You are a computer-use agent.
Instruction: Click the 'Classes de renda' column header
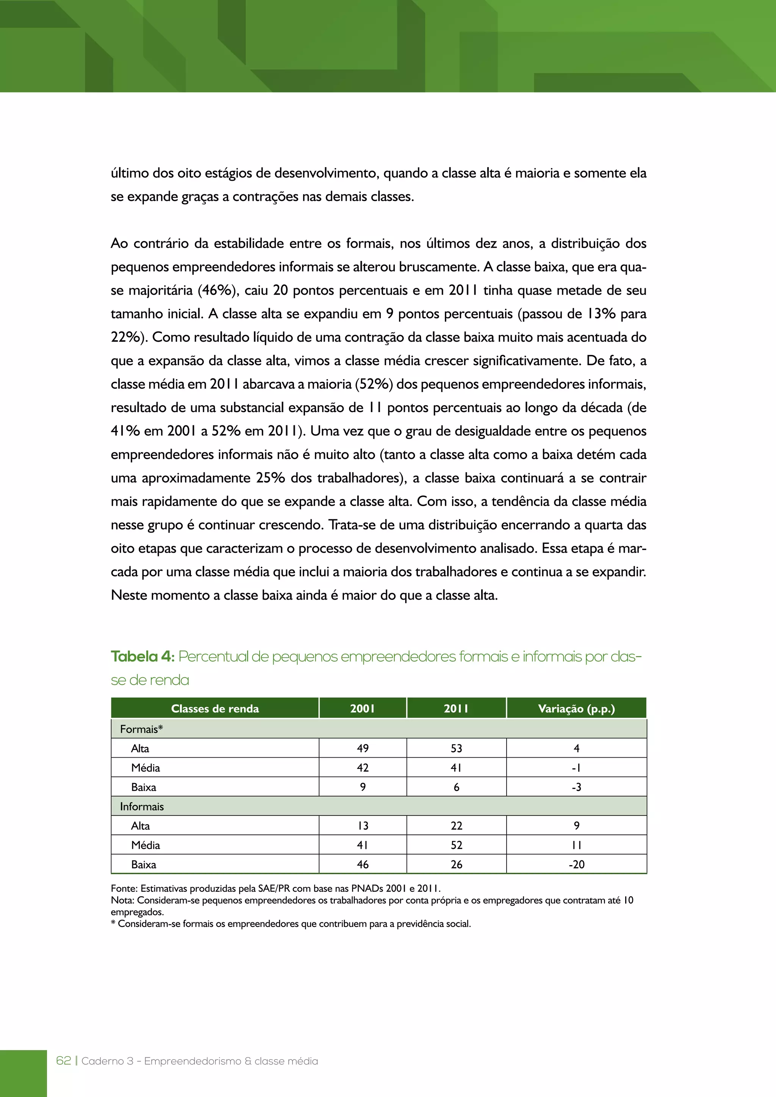click(x=215, y=709)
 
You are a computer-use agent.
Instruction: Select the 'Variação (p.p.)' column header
click(x=576, y=709)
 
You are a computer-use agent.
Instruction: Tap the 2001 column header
click(x=363, y=709)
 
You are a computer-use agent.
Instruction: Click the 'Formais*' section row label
click(x=141, y=729)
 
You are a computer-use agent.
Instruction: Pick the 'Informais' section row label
click(x=142, y=806)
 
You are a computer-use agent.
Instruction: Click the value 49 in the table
click(x=363, y=748)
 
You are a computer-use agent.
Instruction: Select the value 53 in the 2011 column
click(x=456, y=748)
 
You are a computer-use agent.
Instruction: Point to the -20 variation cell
click(x=576, y=864)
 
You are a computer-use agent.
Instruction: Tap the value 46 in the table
click(x=363, y=864)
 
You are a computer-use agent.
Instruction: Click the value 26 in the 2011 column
click(x=456, y=864)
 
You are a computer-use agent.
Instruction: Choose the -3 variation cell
click(x=576, y=787)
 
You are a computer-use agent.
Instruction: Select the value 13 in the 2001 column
click(x=363, y=826)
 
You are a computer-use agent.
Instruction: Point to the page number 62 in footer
click(x=64, y=1061)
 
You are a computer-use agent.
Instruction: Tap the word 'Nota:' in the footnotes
click(x=123, y=900)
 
